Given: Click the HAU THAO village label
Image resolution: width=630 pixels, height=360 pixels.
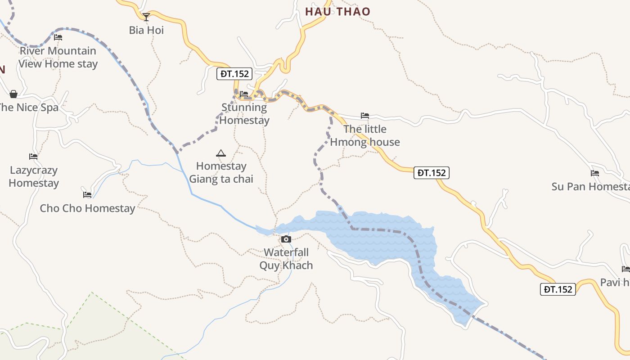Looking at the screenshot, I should (x=337, y=12).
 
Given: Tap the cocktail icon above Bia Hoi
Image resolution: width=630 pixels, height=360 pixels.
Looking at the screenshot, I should (x=146, y=17).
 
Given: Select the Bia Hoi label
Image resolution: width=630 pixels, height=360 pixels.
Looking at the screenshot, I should (x=146, y=30).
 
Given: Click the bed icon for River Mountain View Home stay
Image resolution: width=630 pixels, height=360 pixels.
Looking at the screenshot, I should (x=58, y=37).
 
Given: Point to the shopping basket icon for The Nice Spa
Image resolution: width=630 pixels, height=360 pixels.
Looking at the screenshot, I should (x=13, y=94).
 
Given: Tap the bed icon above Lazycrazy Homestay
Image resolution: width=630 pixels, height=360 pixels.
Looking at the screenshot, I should (x=33, y=157).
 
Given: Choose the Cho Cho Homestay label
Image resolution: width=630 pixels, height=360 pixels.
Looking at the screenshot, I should (x=87, y=208).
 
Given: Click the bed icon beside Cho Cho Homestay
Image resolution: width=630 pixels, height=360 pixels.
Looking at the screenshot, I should (x=87, y=195).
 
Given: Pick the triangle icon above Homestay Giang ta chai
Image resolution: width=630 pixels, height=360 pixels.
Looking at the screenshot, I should (x=220, y=153).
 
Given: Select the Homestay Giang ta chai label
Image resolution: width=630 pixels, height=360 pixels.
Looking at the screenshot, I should (x=221, y=172).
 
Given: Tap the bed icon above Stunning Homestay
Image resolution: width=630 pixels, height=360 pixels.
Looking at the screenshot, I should (x=244, y=94).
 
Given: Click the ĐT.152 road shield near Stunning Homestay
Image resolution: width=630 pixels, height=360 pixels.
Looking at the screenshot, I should (x=234, y=74).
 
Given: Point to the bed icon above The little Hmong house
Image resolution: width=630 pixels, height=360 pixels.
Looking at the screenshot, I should (x=365, y=116).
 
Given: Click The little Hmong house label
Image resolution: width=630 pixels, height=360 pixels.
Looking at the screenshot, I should (x=365, y=135).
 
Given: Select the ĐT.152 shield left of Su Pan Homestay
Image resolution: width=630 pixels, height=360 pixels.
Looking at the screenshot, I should (x=431, y=173).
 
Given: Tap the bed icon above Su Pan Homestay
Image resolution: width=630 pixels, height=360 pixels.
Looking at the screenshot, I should (x=595, y=173).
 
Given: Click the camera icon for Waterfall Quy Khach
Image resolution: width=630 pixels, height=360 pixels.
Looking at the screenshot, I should (x=286, y=239).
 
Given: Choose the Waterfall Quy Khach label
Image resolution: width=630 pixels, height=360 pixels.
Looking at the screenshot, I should (x=286, y=259).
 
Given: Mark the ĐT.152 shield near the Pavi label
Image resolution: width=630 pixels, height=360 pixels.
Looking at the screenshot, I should (x=558, y=289).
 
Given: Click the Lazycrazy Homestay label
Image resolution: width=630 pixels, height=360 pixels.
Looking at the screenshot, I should (x=34, y=176).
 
